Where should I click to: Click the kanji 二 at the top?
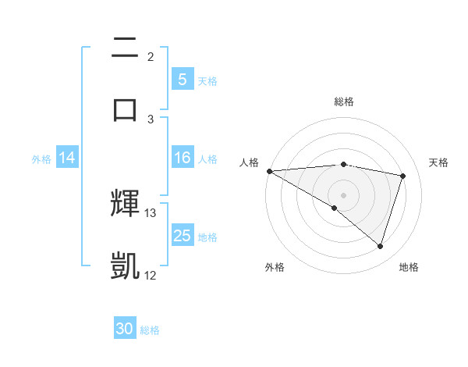click(125, 49)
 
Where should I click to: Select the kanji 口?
click(125, 109)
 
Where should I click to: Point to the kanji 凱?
click(125, 265)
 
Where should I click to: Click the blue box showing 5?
click(183, 79)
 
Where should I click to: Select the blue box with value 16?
click(183, 158)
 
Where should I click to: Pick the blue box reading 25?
click(183, 236)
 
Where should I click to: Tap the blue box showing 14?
click(67, 158)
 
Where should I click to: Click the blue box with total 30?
click(125, 329)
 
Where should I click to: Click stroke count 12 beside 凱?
click(151, 275)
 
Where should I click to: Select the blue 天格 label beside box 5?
click(207, 80)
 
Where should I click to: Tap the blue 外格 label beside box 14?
click(41, 159)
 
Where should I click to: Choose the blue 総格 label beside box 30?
click(150, 330)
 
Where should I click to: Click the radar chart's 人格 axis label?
click(249, 162)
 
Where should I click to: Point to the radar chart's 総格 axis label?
click(344, 102)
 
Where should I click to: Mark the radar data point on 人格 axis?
click(269, 171)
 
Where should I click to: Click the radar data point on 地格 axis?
click(381, 246)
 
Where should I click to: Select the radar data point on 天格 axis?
click(403, 176)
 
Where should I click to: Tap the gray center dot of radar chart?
click(344, 194)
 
